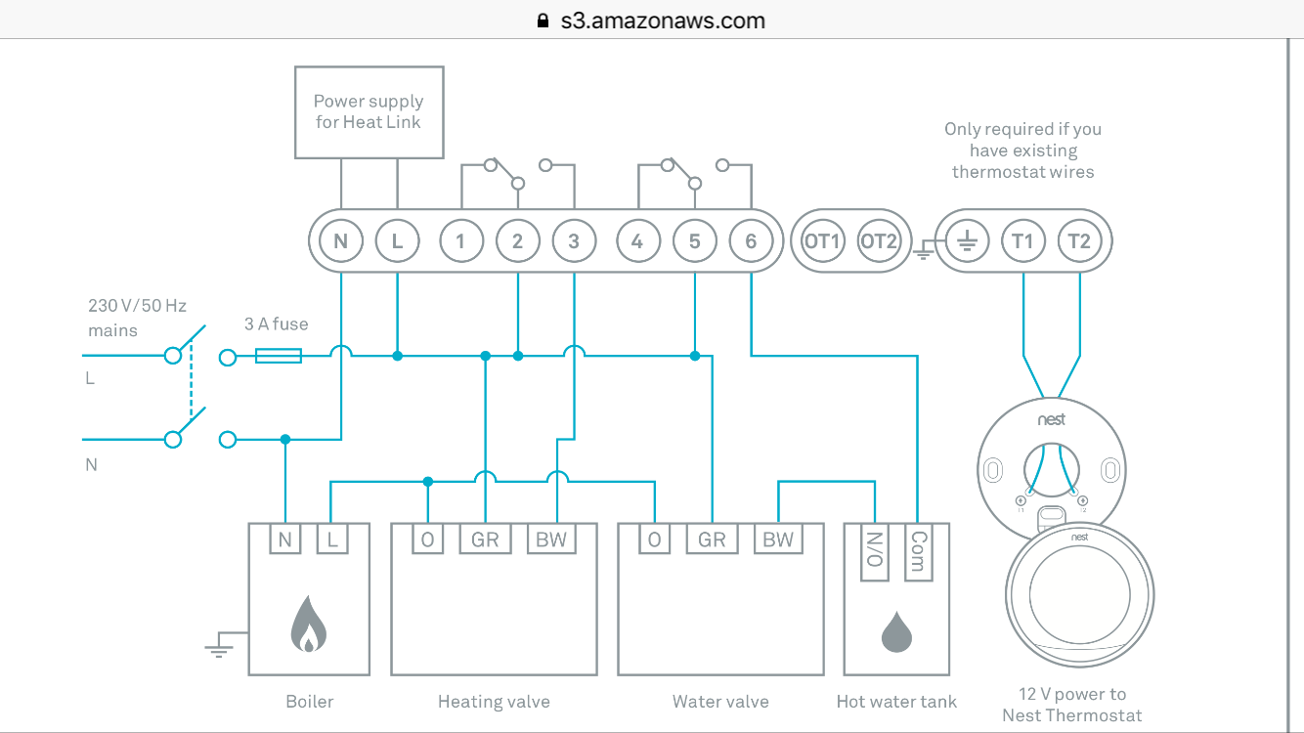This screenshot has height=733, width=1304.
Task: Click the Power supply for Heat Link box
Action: (369, 111)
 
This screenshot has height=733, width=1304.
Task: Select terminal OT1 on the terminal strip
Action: (822, 240)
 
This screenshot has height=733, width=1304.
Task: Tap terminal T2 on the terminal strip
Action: (1079, 240)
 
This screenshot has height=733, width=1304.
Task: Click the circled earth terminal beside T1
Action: (967, 240)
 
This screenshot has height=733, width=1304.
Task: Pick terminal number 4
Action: (637, 240)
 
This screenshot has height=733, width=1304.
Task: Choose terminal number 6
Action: (751, 240)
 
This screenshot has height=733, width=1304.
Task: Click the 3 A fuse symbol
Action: (278, 357)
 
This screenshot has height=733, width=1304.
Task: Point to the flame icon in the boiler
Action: (309, 626)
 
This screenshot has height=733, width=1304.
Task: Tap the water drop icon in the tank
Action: (896, 632)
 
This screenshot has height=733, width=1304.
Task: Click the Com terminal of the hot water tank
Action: (918, 552)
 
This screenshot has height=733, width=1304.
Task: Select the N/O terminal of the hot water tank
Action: (875, 552)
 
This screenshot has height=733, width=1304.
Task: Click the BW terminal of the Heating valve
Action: (551, 539)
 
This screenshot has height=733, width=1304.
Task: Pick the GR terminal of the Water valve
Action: (713, 539)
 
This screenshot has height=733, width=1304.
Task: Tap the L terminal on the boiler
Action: (332, 539)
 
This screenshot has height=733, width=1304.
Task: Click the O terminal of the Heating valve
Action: (427, 539)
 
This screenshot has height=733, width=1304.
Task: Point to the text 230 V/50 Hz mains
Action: (137, 318)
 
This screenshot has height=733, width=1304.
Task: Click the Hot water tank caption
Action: (896, 702)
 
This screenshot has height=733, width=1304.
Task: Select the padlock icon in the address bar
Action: (543, 21)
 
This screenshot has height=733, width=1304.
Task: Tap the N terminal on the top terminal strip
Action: (341, 240)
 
